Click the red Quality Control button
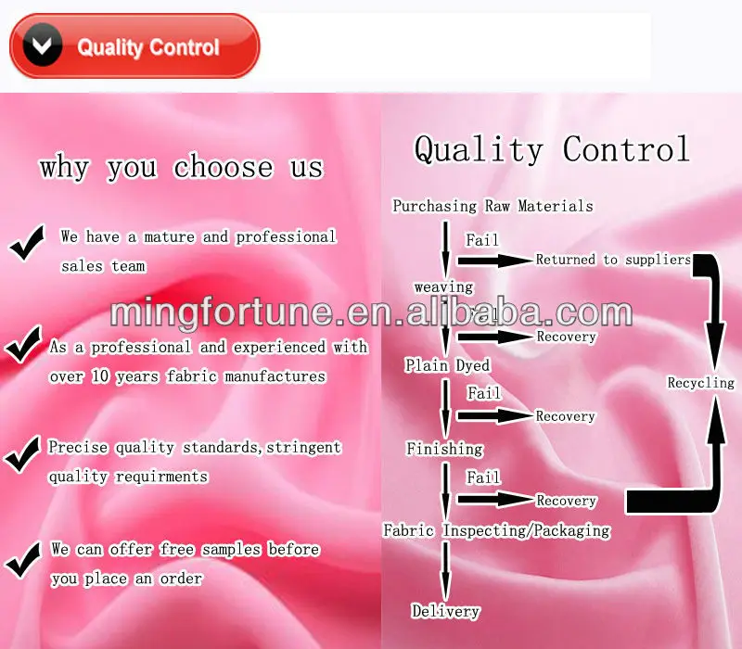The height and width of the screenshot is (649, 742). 134,46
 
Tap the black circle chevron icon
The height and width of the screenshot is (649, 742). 43,46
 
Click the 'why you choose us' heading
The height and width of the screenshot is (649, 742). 181,167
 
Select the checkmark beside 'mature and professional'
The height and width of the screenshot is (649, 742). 29,244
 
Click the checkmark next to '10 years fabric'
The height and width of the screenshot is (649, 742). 25,347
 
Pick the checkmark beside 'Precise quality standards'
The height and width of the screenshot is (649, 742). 25,453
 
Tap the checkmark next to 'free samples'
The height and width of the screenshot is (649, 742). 25,557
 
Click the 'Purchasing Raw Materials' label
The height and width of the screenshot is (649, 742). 493,206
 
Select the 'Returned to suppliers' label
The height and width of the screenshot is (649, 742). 613,260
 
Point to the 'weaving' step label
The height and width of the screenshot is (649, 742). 443,287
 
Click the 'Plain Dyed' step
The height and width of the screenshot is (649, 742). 447,365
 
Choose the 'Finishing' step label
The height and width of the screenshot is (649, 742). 444,449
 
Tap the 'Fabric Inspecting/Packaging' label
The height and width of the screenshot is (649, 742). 497,530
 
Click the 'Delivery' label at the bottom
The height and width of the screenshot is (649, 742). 445,611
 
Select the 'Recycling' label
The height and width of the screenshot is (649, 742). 700,382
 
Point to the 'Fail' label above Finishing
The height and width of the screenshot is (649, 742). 483,394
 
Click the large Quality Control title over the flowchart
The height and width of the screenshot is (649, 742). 552,148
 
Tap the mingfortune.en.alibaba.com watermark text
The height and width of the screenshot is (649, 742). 371,312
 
